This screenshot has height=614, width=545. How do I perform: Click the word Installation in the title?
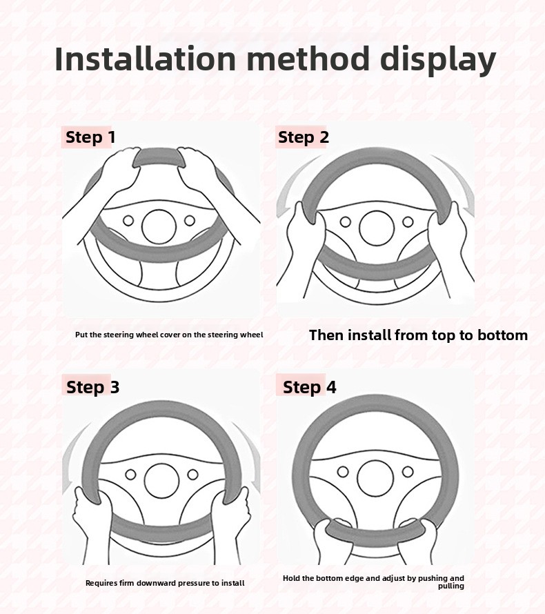[x=146, y=59]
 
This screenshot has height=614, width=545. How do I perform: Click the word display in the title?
[x=438, y=60]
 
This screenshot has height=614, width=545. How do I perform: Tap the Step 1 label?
[x=90, y=137]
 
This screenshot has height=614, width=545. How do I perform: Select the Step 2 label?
[x=304, y=137]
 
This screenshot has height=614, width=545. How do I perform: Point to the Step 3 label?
[x=93, y=387]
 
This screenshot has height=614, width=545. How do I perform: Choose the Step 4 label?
[x=309, y=387]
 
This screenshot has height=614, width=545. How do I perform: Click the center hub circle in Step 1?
[x=159, y=227]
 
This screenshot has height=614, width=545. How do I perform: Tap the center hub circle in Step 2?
[x=376, y=228]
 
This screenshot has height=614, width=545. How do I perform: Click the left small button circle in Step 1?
[x=128, y=221]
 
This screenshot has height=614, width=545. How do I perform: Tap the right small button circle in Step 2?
[x=408, y=222]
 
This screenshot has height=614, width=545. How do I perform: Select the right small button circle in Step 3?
[x=192, y=475]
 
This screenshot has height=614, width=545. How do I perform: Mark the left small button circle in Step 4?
[x=343, y=471]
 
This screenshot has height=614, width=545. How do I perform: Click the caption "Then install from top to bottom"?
[x=419, y=335]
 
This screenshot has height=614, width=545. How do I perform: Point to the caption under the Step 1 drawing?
[x=169, y=335]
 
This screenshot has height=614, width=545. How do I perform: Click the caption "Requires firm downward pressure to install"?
[x=165, y=583]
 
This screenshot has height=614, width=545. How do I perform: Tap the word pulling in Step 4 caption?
[x=451, y=586]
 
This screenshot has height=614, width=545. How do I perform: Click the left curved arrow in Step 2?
[x=289, y=184]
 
